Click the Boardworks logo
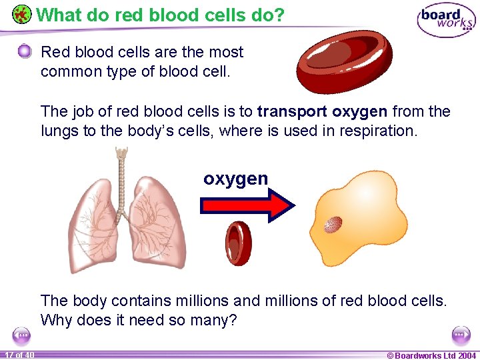point(445,20)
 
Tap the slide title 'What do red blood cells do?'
point(160,14)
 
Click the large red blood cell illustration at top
point(345,62)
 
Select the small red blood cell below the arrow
point(238,243)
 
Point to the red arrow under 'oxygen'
point(247,205)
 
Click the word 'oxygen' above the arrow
point(236,179)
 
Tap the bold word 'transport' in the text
point(292,111)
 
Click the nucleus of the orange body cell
point(333,225)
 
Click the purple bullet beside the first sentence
point(25,51)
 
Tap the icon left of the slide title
point(22,14)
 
